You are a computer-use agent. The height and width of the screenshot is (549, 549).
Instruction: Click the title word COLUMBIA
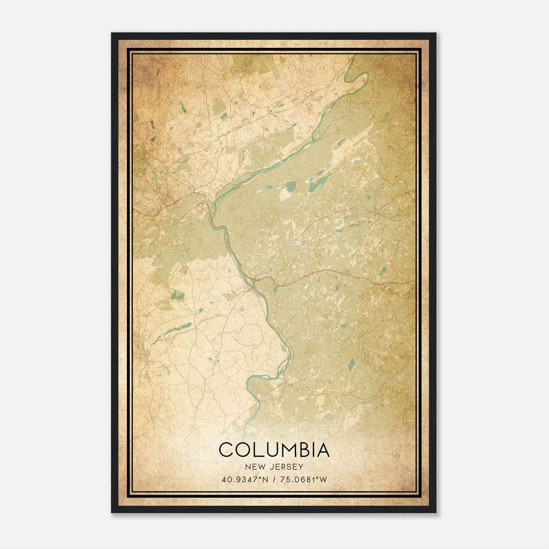(x=274, y=449)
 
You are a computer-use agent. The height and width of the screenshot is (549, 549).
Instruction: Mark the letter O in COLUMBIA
(x=242, y=449)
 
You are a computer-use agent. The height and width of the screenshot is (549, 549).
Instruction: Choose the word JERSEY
(x=285, y=467)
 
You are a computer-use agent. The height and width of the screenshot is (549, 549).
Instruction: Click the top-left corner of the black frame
(x=112, y=33)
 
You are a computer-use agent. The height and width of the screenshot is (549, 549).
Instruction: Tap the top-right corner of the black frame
(x=436, y=33)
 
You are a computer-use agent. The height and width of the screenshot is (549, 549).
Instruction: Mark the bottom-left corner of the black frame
(x=112, y=512)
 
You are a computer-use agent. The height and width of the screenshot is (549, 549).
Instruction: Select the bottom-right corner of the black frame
(x=436, y=512)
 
